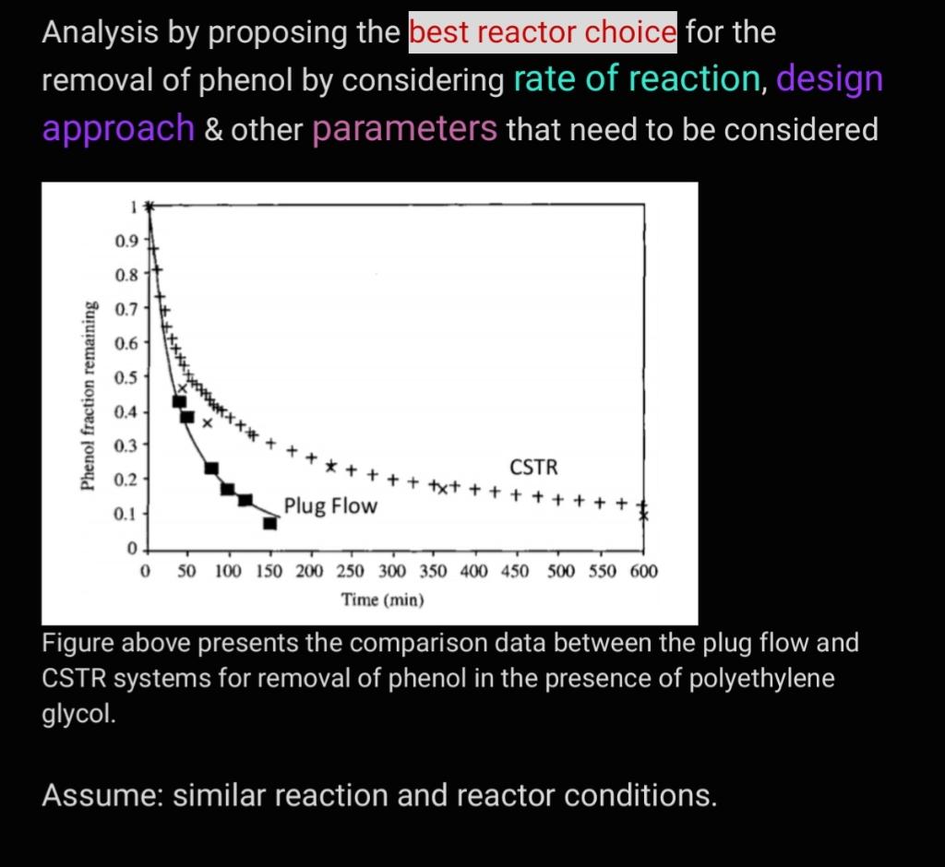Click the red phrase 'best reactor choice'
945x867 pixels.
(543, 32)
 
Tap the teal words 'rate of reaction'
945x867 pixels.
(637, 79)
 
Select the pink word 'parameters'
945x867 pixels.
(404, 129)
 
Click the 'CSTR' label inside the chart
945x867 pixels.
(533, 467)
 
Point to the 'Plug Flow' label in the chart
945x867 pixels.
(330, 505)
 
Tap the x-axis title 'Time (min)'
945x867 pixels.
(383, 600)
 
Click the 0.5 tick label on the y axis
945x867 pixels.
(126, 378)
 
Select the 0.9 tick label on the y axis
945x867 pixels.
(126, 242)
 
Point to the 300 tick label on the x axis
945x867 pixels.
(391, 571)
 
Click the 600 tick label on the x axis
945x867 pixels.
(643, 571)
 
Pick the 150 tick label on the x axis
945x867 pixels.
(269, 571)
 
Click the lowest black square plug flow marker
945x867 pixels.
(270, 523)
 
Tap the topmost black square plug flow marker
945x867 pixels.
(179, 401)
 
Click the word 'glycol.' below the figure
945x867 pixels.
(78, 715)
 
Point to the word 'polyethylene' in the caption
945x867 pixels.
(761, 679)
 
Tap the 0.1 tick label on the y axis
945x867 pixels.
(126, 515)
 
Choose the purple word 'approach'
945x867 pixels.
(118, 129)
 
